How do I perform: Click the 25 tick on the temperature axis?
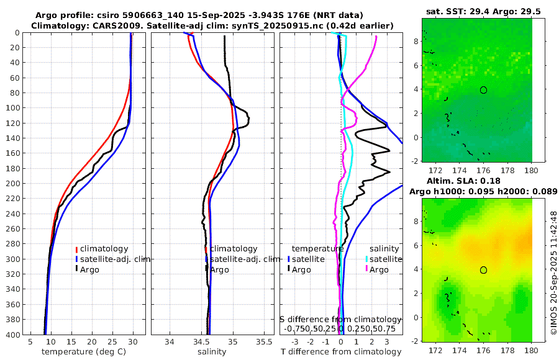(x=112, y=341)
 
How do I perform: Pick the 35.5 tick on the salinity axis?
(x=264, y=341)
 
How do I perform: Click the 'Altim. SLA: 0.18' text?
(x=460, y=180)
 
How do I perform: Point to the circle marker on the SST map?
(x=483, y=90)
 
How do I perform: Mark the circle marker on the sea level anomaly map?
(x=483, y=270)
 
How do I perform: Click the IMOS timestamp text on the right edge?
(x=553, y=273)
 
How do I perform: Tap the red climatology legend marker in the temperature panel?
(x=76, y=249)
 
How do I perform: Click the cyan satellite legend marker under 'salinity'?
(x=366, y=259)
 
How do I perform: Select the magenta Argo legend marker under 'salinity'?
(x=366, y=269)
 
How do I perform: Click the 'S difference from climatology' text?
(x=341, y=319)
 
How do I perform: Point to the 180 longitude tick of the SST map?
(x=531, y=170)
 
